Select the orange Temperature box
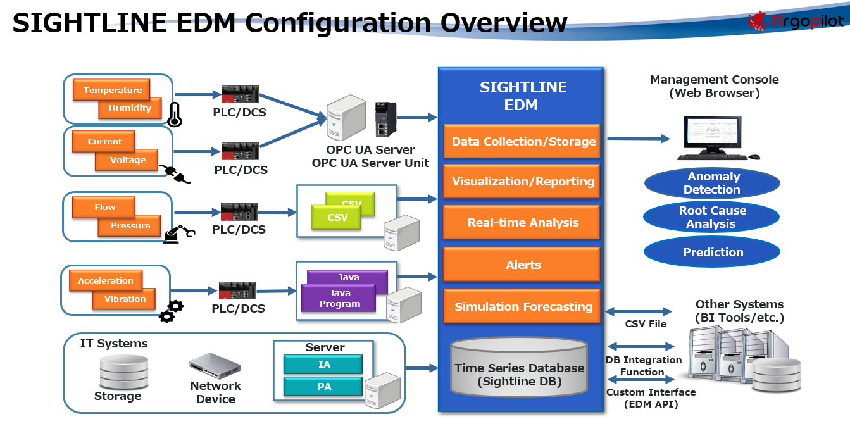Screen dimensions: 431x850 pyautogui.click(x=112, y=90)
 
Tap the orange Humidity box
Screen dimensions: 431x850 pyautogui.click(x=130, y=108)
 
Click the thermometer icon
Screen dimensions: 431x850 pyautogui.click(x=175, y=115)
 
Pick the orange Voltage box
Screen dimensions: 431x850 pyautogui.click(x=127, y=160)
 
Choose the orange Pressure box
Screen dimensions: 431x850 pyautogui.click(x=130, y=226)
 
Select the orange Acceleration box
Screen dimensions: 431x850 pyautogui.click(x=106, y=280)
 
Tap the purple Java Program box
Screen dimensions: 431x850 pyautogui.click(x=339, y=298)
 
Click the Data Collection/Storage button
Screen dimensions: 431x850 pyautogui.click(x=523, y=141)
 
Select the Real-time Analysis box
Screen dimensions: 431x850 pyautogui.click(x=523, y=222)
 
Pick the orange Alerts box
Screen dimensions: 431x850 pyautogui.click(x=523, y=265)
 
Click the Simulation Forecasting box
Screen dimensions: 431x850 pyautogui.click(x=523, y=306)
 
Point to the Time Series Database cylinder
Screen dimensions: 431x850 pyautogui.click(x=519, y=371)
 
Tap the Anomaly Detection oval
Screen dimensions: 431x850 pyautogui.click(x=712, y=183)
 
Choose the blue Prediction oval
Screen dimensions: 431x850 pyautogui.click(x=712, y=252)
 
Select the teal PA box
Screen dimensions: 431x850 pyautogui.click(x=323, y=386)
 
